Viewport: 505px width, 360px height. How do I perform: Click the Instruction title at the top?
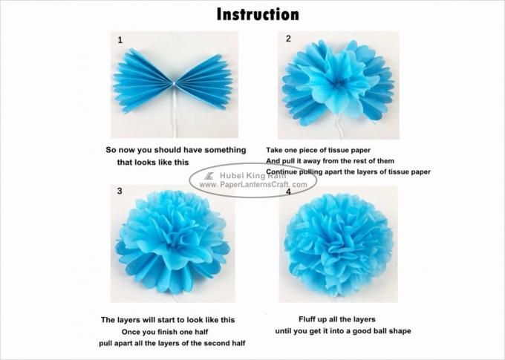(x=258, y=14)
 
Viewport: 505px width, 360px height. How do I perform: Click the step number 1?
(x=120, y=41)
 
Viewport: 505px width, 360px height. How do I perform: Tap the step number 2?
(x=288, y=39)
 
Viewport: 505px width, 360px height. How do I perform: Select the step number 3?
(x=120, y=191)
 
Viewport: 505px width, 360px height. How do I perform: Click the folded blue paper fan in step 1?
(x=172, y=79)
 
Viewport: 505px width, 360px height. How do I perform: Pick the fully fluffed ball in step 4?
(x=338, y=245)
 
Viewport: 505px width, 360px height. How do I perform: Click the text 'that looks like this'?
(x=152, y=162)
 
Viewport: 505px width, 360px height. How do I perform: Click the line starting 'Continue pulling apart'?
(x=348, y=171)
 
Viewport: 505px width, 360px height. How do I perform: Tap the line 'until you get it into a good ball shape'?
(x=337, y=331)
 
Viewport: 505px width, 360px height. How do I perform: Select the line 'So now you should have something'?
(x=176, y=150)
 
